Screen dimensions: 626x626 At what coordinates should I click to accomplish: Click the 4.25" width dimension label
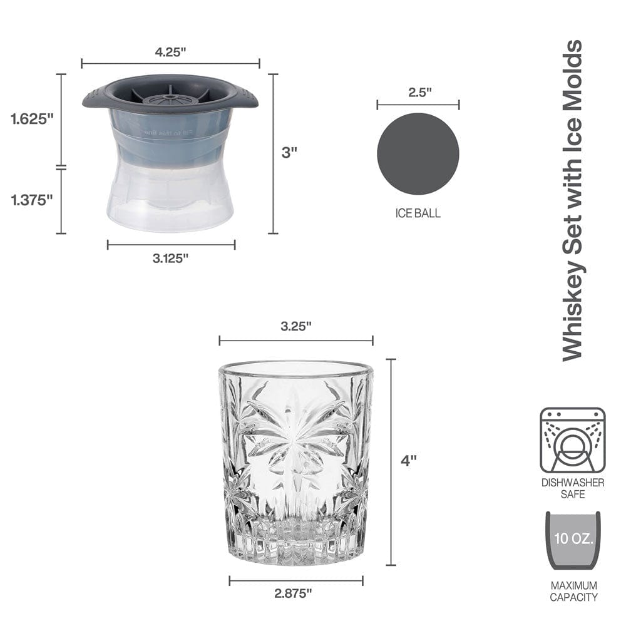(170, 52)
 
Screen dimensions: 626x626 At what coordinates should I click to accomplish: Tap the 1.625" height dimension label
(32, 118)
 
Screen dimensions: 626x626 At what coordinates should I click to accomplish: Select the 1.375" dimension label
(32, 200)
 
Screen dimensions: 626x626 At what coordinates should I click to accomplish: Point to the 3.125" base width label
(170, 259)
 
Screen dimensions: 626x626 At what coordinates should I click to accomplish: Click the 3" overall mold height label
(289, 152)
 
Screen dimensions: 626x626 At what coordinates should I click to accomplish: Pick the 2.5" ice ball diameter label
(420, 92)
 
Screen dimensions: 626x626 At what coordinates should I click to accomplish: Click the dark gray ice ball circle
(418, 154)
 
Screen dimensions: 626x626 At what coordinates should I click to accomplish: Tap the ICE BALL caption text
(418, 213)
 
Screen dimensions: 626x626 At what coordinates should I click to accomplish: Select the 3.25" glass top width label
(296, 326)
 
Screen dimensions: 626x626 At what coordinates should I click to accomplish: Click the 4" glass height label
(408, 461)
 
